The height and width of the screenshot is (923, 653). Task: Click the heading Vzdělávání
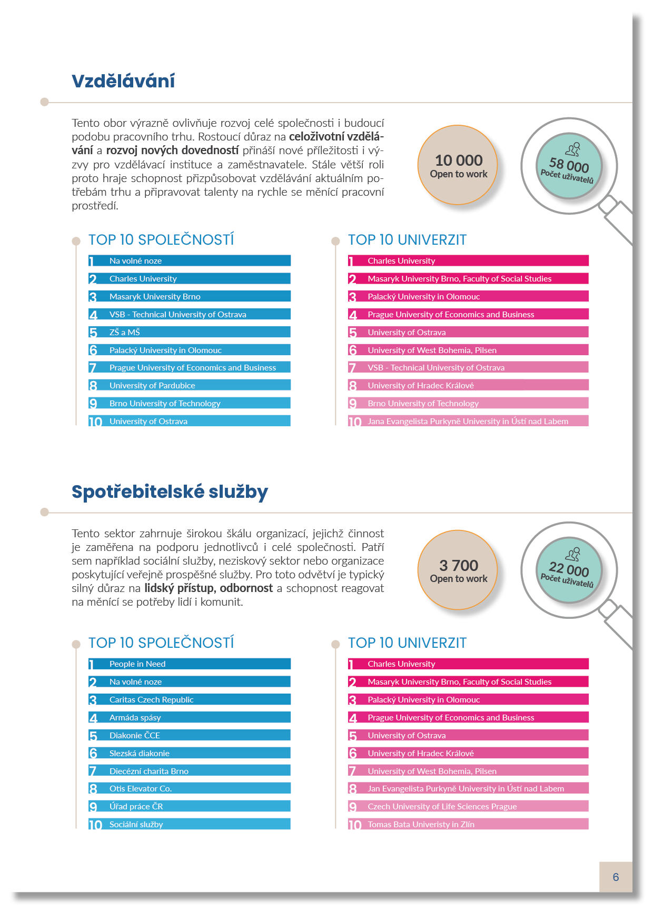tap(123, 81)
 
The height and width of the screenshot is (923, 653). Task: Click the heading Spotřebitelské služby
tap(170, 491)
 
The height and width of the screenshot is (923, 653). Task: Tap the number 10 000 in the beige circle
tap(459, 160)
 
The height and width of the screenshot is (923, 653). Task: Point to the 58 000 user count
tap(569, 165)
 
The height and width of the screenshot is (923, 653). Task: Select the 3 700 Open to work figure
tap(459, 565)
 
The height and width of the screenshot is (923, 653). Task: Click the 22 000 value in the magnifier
tap(569, 569)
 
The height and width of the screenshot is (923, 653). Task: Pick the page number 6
tap(616, 877)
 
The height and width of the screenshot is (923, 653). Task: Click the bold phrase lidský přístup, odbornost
tap(209, 588)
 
